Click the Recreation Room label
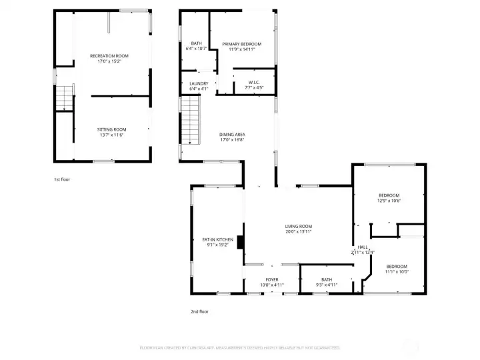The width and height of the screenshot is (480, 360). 109,55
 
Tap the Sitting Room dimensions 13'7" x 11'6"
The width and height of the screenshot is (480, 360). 109,135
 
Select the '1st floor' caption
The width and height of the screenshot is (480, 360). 62,180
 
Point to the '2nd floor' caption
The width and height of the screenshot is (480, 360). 199,311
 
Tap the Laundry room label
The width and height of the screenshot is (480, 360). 199,83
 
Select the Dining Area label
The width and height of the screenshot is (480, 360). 232,135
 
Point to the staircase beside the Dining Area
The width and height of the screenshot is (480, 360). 191,119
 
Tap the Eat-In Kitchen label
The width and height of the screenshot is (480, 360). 217,239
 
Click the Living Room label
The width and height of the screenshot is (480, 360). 299,226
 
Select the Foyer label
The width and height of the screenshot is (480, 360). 272,279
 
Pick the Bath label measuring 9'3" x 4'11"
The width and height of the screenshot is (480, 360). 326,279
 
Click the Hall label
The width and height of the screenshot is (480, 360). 363,247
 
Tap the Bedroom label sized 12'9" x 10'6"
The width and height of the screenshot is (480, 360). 389,195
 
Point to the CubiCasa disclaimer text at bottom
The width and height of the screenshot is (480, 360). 239,347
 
